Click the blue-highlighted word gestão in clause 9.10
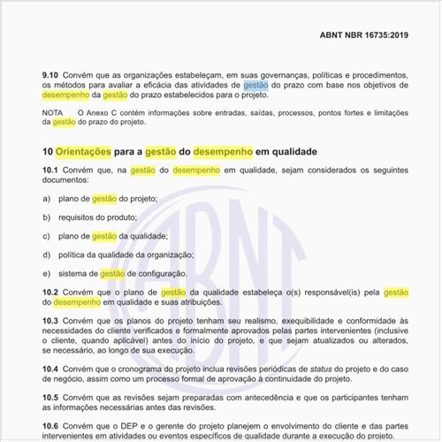(255, 86)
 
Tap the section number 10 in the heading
(47, 152)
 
